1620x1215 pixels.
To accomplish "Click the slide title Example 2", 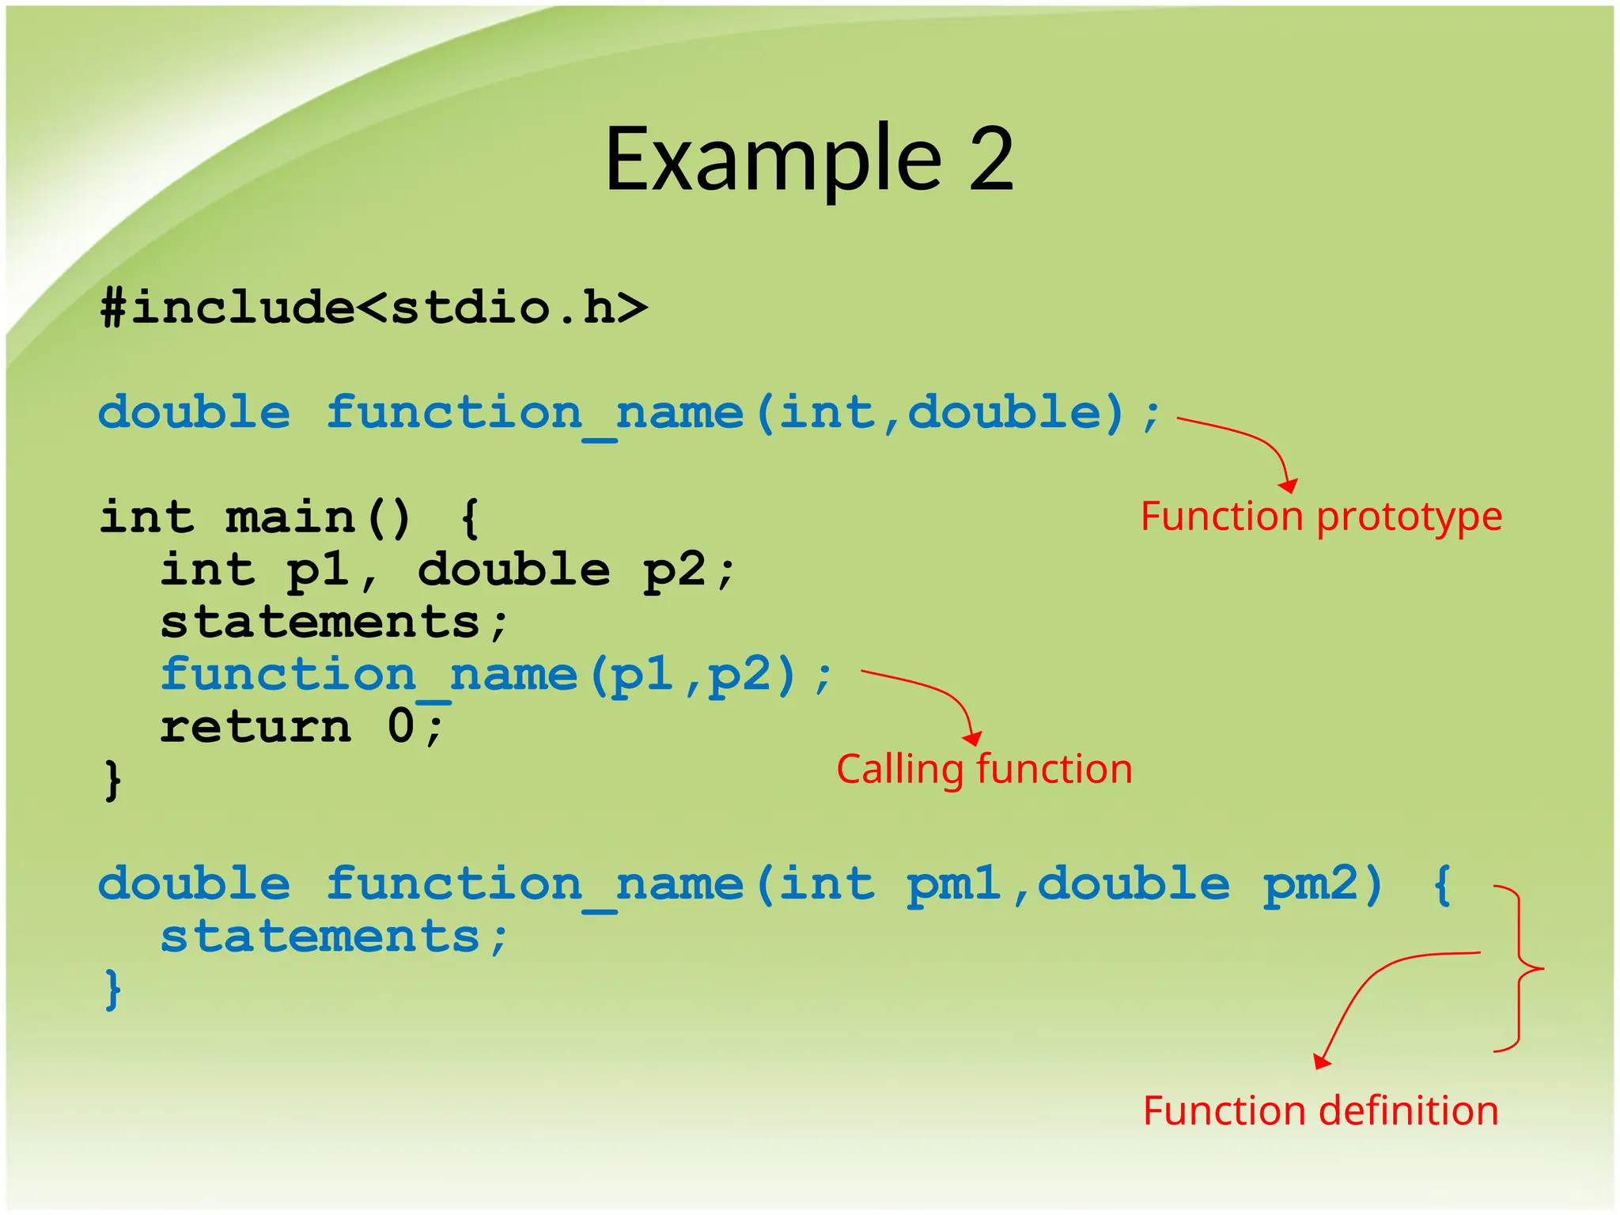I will pos(808,160).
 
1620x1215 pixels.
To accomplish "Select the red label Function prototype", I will pos(1320,517).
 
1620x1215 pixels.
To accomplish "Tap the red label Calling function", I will pos(984,769).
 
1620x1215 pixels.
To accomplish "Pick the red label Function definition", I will pos(1320,1111).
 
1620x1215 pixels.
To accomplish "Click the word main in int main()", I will pos(290,517).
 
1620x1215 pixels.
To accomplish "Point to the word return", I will pos(255,726).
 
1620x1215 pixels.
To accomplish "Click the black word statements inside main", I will pos(320,622).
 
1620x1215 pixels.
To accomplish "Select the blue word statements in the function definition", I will pos(320,937).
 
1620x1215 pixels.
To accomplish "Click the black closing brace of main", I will pos(113,780).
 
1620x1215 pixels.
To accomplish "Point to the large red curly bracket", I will pos(1520,968).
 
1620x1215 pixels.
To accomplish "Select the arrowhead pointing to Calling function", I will pos(973,739).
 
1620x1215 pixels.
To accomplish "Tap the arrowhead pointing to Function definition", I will pos(1321,1062).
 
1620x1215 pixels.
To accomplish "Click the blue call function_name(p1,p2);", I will pos(495,675).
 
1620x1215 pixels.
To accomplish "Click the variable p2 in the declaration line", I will pos(674,570).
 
